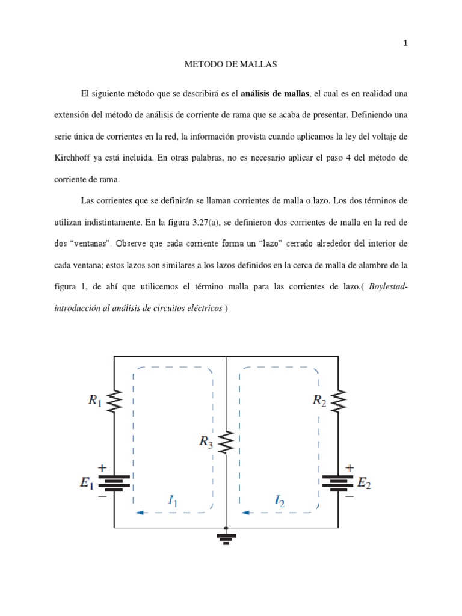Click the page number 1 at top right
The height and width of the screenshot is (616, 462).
tap(405, 43)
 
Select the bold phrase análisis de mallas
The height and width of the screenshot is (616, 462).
tap(276, 93)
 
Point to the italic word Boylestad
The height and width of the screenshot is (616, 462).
tap(386, 287)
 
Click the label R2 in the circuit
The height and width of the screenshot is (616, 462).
tap(320, 401)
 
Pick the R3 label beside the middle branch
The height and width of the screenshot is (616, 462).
tap(206, 442)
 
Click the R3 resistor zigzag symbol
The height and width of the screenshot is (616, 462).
tap(226, 442)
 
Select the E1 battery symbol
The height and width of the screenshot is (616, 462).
tap(114, 482)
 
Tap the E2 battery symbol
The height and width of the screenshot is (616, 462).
tap(338, 482)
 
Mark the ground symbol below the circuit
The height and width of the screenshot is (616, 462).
tap(226, 538)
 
